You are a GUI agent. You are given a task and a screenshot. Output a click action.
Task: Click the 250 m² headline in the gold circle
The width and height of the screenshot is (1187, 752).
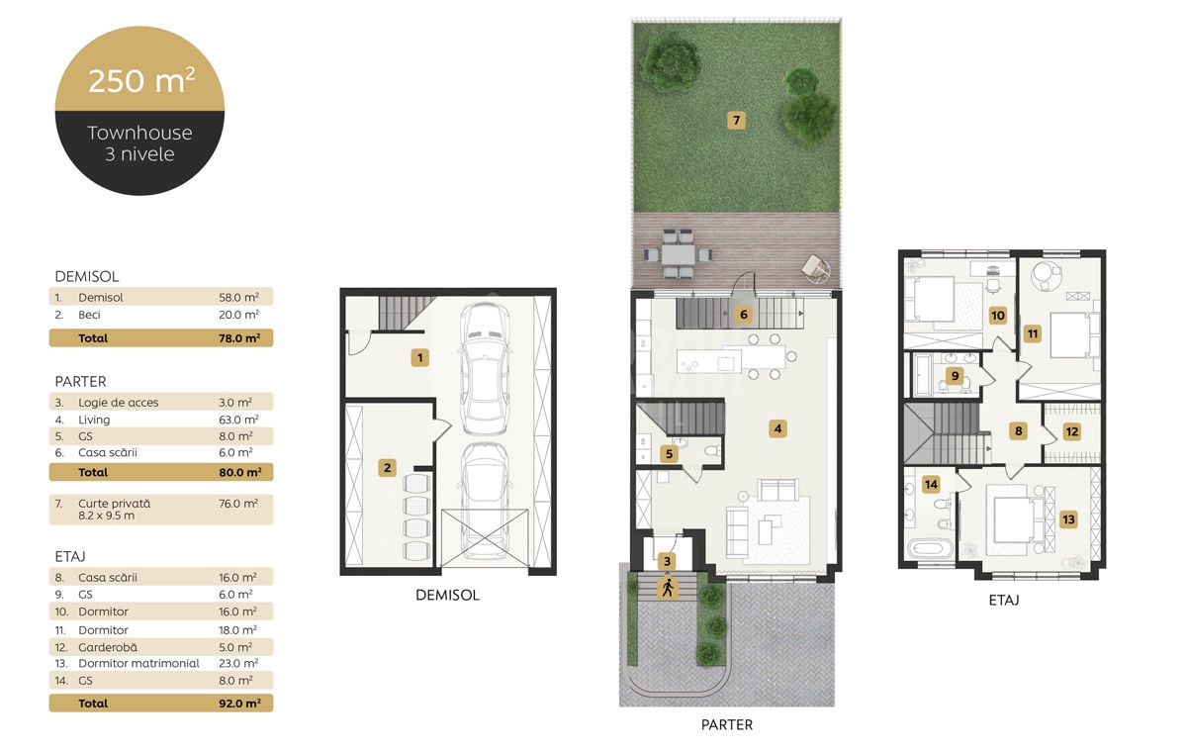tap(141, 80)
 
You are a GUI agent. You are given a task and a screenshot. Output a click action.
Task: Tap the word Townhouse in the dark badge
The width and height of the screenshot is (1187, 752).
tap(139, 133)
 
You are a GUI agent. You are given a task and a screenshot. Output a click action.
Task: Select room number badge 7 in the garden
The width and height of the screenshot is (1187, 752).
tap(736, 121)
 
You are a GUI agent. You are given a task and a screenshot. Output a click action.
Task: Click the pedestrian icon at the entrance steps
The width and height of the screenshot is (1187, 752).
tap(667, 588)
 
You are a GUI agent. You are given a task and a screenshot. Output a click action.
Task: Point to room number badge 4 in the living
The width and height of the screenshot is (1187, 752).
tap(777, 428)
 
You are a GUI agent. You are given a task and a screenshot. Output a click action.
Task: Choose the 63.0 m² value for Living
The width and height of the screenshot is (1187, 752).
tap(238, 420)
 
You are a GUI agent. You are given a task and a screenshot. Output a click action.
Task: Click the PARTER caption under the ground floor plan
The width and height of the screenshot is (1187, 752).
tap(726, 724)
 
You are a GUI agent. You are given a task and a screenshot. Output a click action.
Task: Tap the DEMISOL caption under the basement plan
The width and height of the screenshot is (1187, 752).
tap(447, 595)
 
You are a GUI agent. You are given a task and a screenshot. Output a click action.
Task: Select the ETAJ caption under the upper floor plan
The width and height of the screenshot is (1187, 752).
tap(1004, 600)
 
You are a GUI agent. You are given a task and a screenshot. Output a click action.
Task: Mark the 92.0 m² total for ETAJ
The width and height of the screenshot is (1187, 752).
tap(239, 704)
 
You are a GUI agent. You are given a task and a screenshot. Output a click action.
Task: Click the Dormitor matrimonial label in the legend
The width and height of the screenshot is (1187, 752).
tap(138, 663)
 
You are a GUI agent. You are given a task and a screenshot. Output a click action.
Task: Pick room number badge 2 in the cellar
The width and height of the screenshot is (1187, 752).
tap(388, 467)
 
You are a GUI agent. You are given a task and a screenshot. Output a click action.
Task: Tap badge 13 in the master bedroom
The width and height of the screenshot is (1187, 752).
tap(1068, 519)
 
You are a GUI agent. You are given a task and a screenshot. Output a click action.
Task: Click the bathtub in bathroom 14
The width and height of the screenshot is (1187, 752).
tap(930, 548)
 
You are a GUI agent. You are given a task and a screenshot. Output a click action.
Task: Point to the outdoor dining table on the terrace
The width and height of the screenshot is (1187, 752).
tap(678, 254)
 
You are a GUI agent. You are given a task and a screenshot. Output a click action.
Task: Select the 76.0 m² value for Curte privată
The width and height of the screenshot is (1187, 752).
tap(238, 504)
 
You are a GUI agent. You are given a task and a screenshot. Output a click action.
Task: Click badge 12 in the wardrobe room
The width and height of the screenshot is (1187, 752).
tap(1072, 431)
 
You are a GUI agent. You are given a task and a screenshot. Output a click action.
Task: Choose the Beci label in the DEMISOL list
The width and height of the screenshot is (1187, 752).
tap(89, 315)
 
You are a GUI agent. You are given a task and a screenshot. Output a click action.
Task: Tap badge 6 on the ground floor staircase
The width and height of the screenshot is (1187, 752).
tap(744, 315)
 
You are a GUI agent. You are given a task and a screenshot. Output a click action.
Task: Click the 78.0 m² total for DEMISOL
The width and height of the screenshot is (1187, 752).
tap(239, 338)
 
